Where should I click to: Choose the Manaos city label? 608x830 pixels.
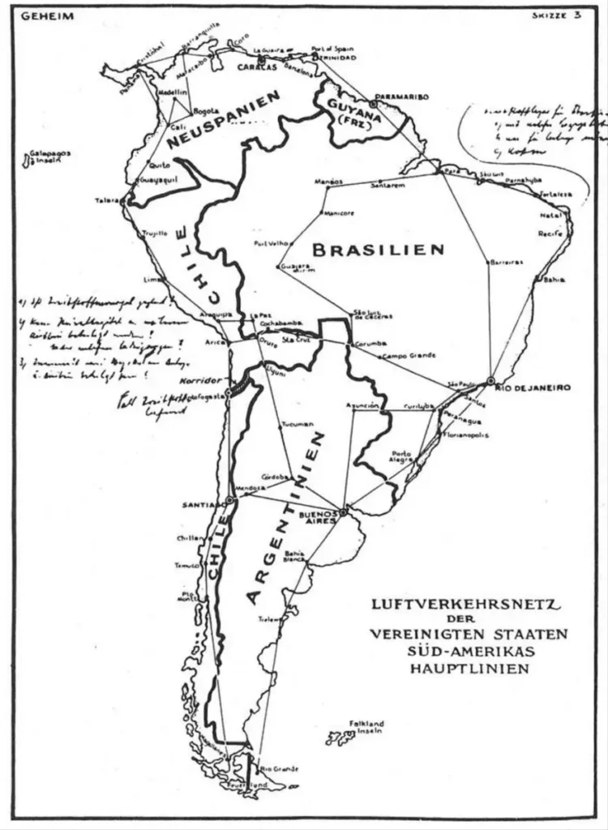pyautogui.click(x=328, y=182)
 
